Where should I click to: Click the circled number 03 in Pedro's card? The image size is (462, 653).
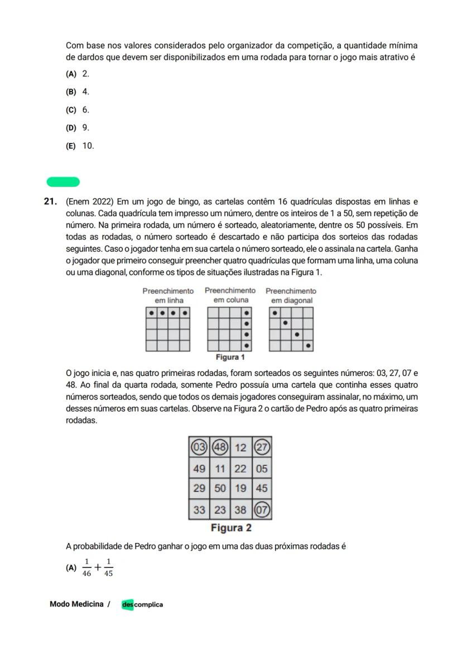199,447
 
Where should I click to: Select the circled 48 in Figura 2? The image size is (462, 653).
220,447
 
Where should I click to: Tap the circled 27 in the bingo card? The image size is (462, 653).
262,447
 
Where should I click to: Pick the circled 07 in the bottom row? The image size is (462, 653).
262,509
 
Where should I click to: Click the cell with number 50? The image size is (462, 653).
220,488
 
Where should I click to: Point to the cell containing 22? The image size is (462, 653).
240,469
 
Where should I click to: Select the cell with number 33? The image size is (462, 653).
199,509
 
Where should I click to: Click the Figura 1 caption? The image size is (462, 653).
230,358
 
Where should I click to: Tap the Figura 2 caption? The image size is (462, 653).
231,528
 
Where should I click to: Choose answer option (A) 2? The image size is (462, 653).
78,74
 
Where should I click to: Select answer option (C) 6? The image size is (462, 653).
78,109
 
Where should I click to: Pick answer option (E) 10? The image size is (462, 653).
80,146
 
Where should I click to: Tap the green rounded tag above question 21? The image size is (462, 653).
63,182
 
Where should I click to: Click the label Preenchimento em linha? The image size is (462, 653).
168,295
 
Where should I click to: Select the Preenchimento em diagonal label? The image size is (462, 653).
291,295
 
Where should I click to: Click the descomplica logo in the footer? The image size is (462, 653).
142,604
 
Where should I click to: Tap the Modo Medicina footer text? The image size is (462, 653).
76,604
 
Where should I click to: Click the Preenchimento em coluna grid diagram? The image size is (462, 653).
229,329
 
